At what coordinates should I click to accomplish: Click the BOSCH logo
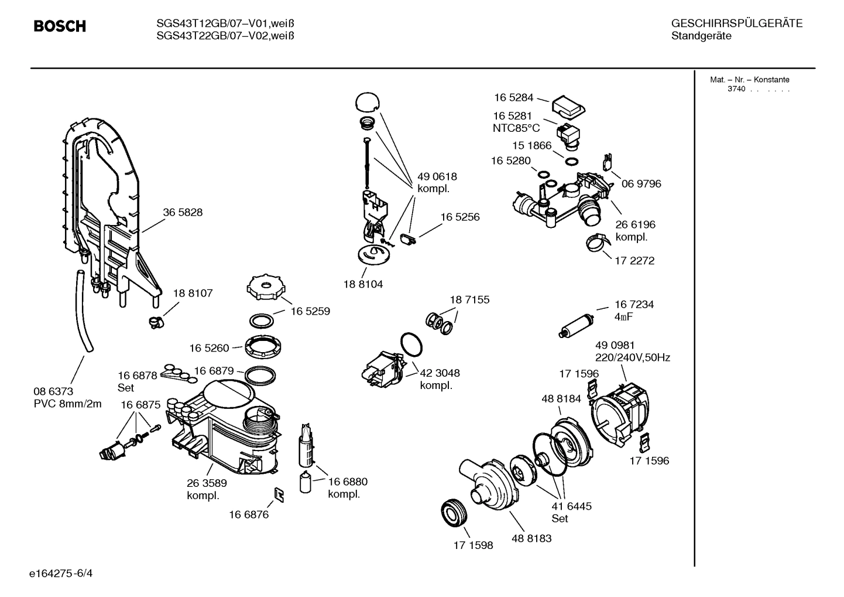click(x=60, y=26)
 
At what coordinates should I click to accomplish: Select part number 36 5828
click(x=183, y=213)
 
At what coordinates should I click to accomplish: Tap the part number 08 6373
click(x=53, y=391)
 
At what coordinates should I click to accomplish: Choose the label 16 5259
click(x=310, y=311)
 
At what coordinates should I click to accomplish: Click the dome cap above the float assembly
click(x=366, y=101)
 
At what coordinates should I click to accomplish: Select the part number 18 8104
click(x=363, y=284)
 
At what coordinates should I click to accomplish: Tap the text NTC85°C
click(x=516, y=128)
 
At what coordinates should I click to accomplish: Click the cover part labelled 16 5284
click(x=568, y=106)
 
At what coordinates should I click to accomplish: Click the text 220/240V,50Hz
click(x=632, y=357)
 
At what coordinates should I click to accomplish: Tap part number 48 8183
click(x=531, y=538)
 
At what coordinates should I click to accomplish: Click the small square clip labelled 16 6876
click(x=280, y=495)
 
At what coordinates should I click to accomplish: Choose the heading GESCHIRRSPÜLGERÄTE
click(x=736, y=23)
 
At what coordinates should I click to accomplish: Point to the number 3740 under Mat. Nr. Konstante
click(x=736, y=89)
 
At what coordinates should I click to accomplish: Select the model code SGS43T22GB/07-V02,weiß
click(x=225, y=36)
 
